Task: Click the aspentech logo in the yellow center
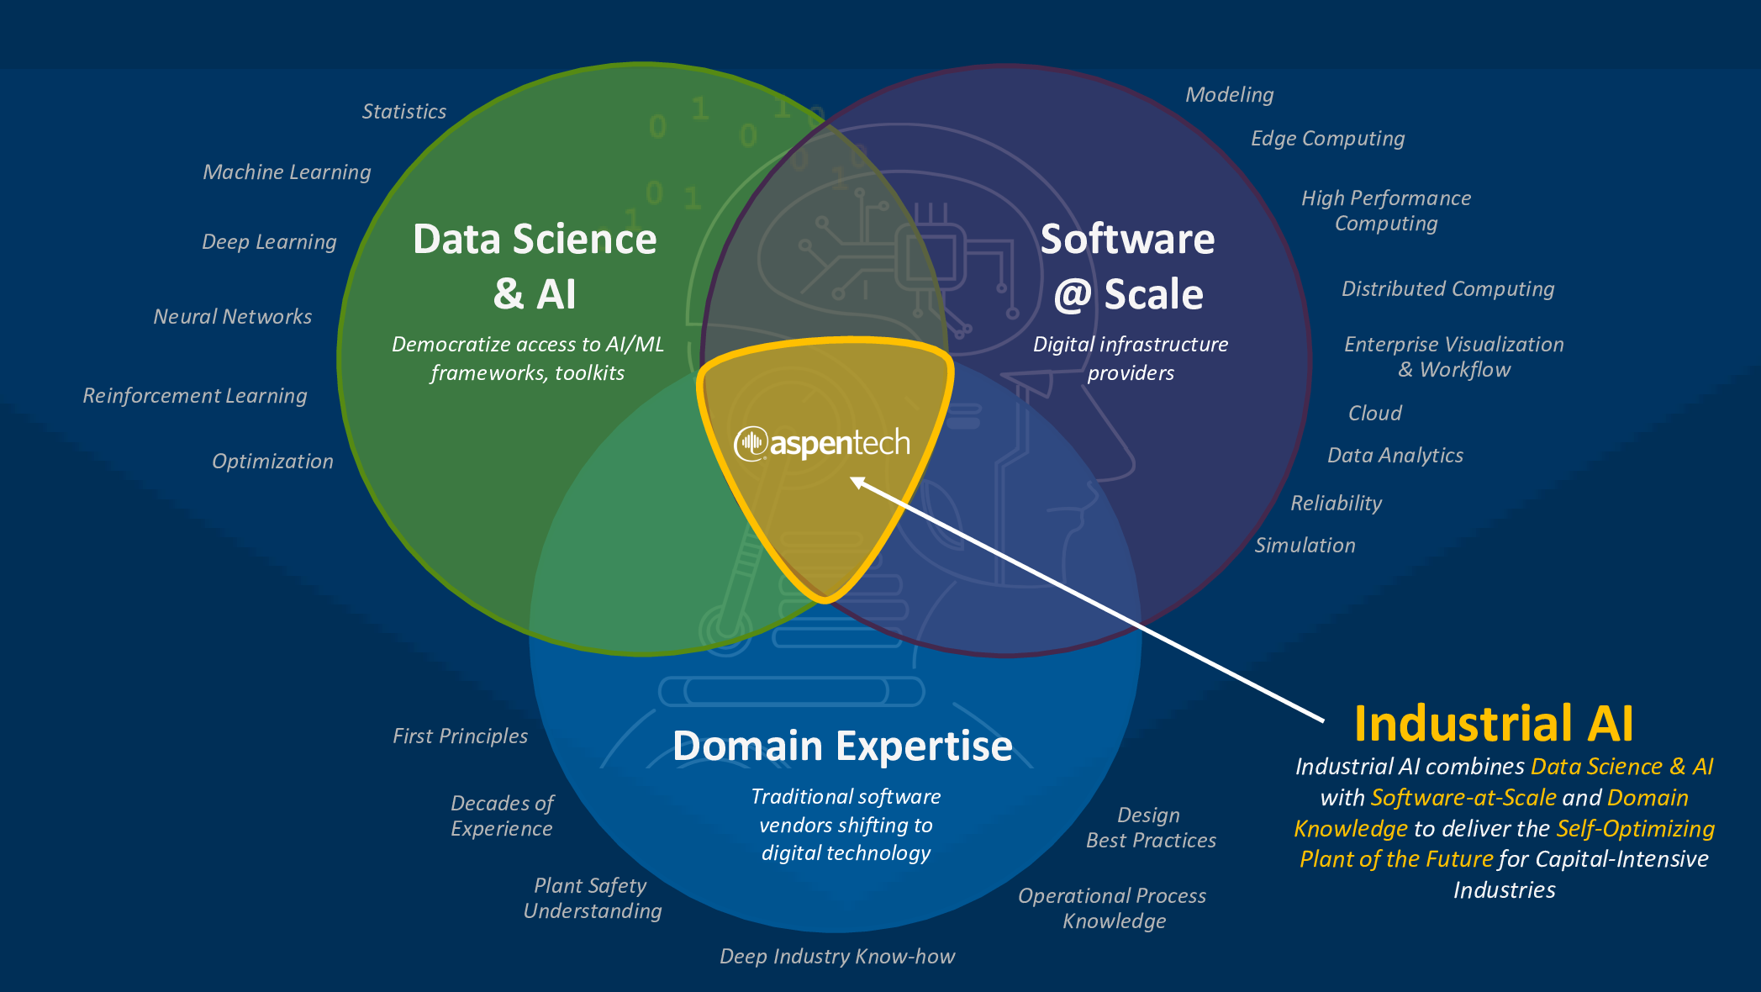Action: click(822, 443)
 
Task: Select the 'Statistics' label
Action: click(404, 112)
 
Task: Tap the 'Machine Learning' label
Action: click(287, 172)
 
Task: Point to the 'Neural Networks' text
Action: click(233, 317)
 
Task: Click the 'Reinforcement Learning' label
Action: click(195, 396)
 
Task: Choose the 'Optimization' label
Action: click(272, 462)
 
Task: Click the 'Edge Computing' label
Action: click(1327, 139)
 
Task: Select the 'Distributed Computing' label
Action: click(1447, 289)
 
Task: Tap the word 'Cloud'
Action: click(1374, 414)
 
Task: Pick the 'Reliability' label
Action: click(1336, 504)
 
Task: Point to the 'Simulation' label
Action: click(1305, 546)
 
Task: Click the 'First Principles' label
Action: click(460, 736)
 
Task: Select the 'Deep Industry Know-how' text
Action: click(837, 957)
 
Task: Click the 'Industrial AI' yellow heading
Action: click(1494, 724)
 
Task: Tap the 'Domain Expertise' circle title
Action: click(842, 747)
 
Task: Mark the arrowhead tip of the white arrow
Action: click(852, 478)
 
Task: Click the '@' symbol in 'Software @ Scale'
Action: click(1073, 295)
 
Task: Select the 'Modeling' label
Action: click(1229, 95)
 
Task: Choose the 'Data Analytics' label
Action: click(1395, 456)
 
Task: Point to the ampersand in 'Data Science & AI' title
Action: click(508, 295)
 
